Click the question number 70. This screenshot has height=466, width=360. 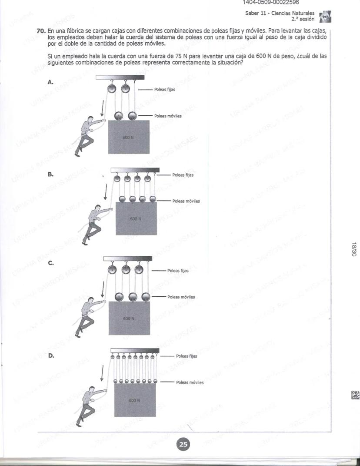[x=41, y=31]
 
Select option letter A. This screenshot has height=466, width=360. [x=50, y=82]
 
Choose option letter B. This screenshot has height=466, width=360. [x=50, y=174]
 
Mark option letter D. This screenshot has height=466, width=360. [x=51, y=355]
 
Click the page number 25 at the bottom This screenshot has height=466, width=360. [x=183, y=444]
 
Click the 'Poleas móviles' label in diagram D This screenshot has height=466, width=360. [x=190, y=382]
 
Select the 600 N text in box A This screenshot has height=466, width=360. [x=128, y=137]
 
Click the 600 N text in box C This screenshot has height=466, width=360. [x=128, y=318]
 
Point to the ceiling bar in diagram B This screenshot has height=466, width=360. [x=135, y=170]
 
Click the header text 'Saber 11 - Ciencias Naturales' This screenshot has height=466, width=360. [x=273, y=13]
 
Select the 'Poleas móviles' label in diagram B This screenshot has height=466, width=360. [x=186, y=201]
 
